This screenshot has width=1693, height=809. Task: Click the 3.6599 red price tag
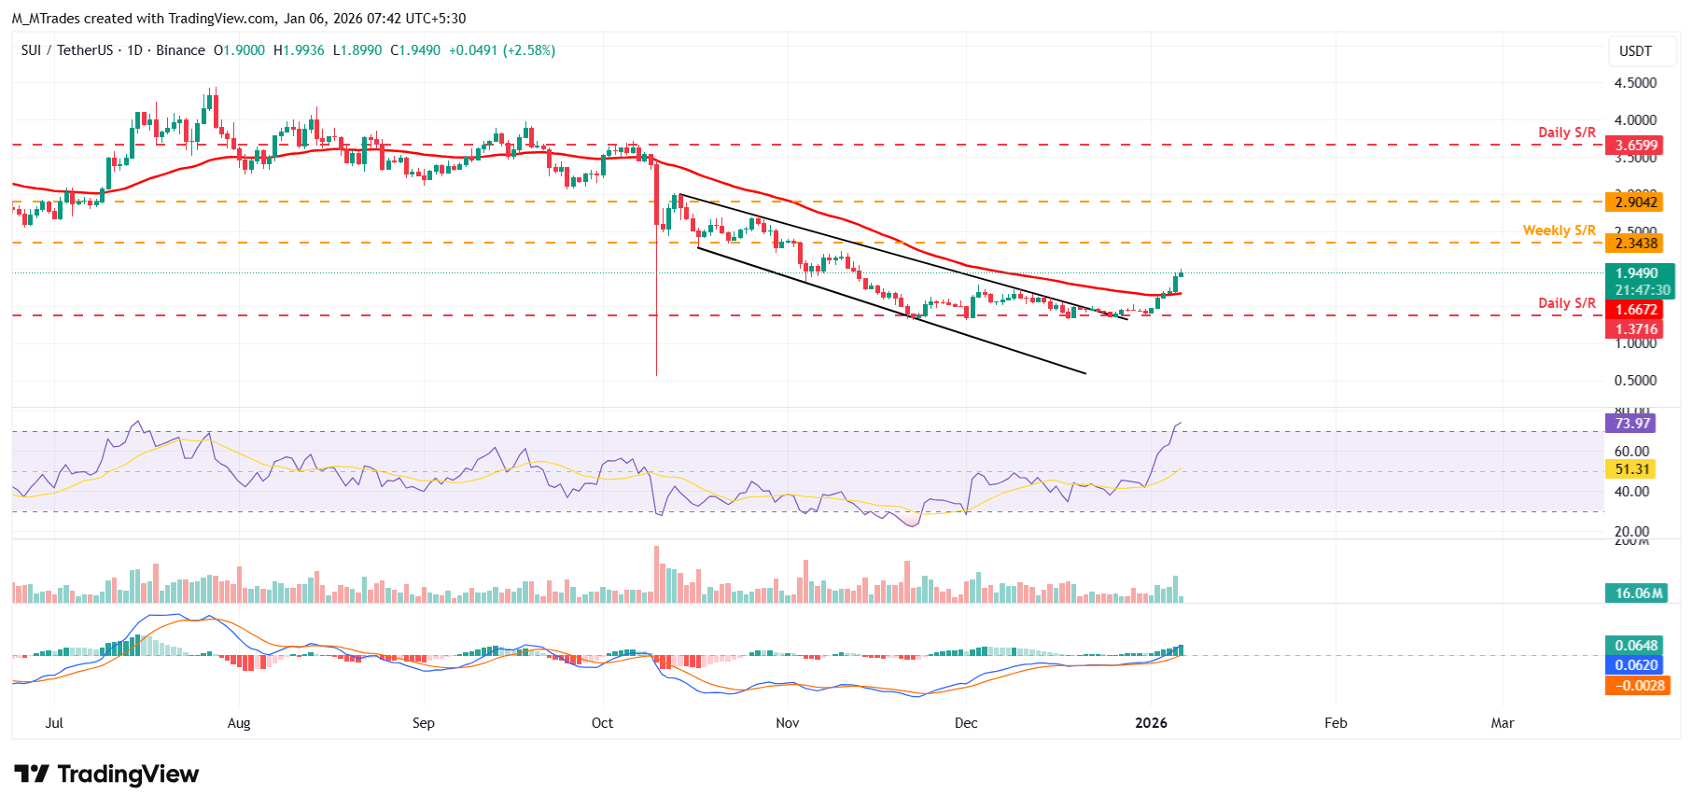pos(1636,146)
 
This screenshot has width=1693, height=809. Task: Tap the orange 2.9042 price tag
pos(1636,202)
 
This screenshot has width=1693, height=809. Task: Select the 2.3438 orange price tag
pos(1636,244)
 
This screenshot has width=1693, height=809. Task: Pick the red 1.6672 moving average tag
pos(1636,310)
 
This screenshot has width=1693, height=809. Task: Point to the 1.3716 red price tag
pos(1636,329)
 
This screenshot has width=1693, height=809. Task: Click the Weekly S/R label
pos(1559,230)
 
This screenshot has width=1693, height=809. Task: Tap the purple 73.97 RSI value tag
pos(1631,424)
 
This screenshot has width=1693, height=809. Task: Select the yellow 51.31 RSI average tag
pos(1631,469)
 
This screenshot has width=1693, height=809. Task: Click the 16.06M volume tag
pos(1638,593)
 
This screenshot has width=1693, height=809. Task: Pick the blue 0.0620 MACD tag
pos(1636,665)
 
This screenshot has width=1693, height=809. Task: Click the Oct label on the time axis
pos(602,723)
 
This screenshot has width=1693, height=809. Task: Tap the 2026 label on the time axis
pos(1151,723)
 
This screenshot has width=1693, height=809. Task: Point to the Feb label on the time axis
pos(1336,723)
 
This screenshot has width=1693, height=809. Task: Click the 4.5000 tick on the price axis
pos(1635,83)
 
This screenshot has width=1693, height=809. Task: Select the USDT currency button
pos(1634,51)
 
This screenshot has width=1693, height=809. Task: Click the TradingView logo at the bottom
pos(106,774)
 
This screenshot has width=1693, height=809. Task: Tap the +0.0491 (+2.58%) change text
pos(501,50)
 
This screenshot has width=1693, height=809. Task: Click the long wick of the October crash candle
pos(656,308)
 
